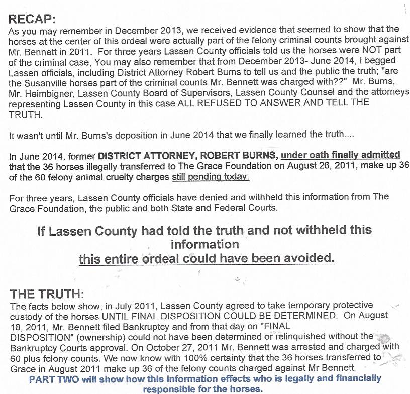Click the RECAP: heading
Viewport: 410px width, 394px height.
(x=33, y=19)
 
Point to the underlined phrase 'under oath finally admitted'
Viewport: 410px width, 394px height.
(x=341, y=155)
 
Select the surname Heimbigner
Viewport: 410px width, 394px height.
(x=54, y=92)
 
